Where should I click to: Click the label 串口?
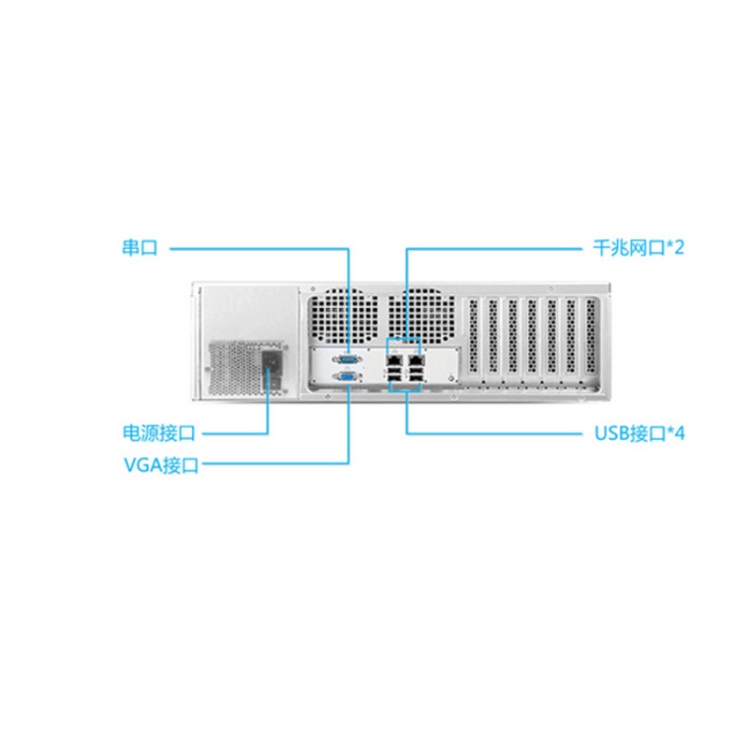tap(140, 248)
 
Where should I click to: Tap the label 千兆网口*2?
tap(639, 248)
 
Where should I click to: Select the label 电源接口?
tap(159, 433)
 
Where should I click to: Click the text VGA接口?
tap(161, 464)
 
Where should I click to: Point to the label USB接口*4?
tap(639, 433)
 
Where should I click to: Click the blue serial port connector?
tap(348, 360)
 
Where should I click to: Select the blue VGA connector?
tap(348, 377)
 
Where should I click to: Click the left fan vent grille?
tap(343, 316)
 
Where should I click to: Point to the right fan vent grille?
tap(420, 316)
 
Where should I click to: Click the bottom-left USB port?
tap(394, 380)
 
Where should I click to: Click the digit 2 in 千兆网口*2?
tap(679, 248)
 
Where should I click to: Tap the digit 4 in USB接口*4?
tap(680, 433)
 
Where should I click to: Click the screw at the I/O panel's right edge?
tap(451, 377)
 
